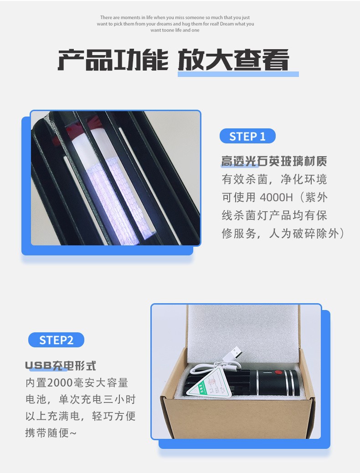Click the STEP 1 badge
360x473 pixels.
pyautogui.click(x=247, y=136)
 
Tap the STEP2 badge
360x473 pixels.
pyautogui.click(x=56, y=340)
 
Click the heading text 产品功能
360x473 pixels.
pyautogui.click(x=113, y=60)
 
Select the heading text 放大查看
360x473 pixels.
pyautogui.click(x=233, y=60)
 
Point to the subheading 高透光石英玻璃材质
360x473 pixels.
pyautogui.click(x=274, y=161)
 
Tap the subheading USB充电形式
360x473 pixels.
pyautogui.click(x=61, y=366)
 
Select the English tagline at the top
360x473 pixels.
pyautogui.click(x=177, y=24)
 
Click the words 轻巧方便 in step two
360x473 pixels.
pyautogui.click(x=114, y=416)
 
